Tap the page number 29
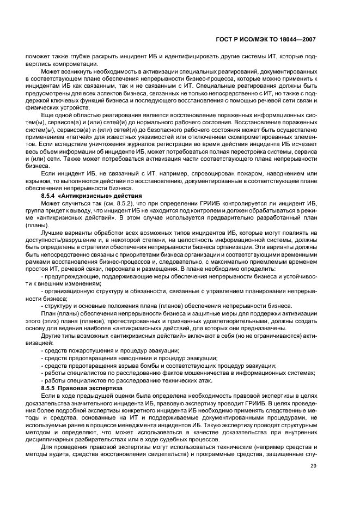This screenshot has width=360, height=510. point(313,465)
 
